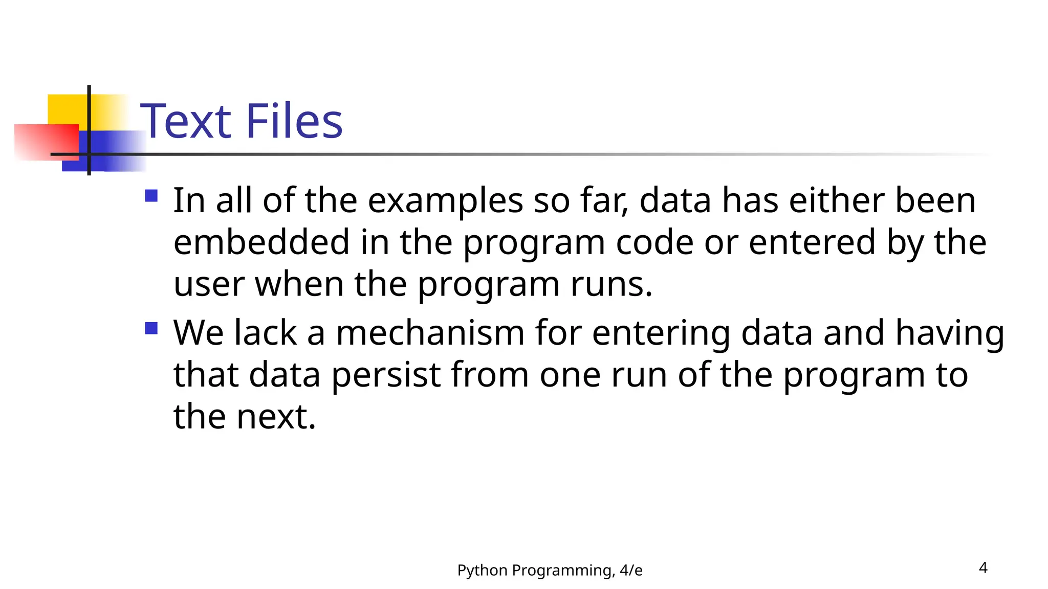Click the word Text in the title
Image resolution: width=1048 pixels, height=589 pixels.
click(186, 122)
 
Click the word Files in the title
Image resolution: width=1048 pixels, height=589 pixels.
click(294, 122)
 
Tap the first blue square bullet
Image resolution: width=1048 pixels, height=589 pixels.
click(151, 196)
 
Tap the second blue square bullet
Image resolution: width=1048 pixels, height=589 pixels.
click(151, 328)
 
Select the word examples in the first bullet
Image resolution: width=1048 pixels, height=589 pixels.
click(445, 201)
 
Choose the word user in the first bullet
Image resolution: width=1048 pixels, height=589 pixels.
click(209, 284)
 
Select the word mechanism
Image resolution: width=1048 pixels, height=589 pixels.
click(430, 333)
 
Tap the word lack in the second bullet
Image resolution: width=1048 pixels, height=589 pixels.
click(265, 333)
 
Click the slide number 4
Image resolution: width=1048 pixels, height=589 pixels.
click(982, 568)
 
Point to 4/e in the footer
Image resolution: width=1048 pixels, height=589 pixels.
click(630, 570)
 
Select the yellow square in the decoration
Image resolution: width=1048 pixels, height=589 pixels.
click(67, 108)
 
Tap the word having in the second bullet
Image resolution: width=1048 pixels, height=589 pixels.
click(950, 334)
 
